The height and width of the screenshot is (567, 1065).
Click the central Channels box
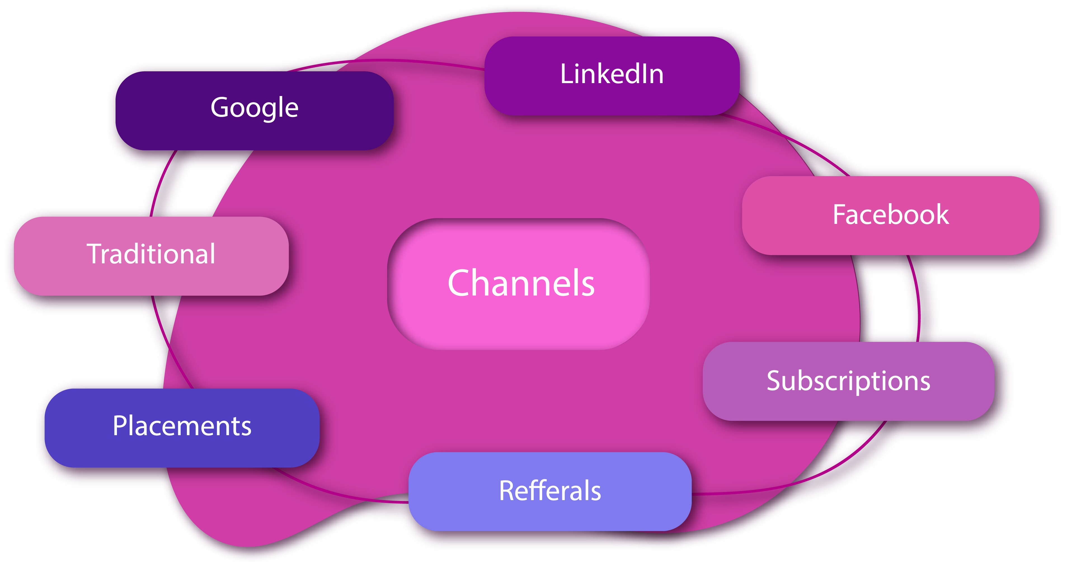518,284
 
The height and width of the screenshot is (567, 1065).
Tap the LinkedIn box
612,75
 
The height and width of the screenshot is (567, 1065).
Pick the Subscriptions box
848,381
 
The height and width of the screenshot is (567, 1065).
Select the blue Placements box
182,427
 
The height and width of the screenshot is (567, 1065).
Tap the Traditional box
151,256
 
